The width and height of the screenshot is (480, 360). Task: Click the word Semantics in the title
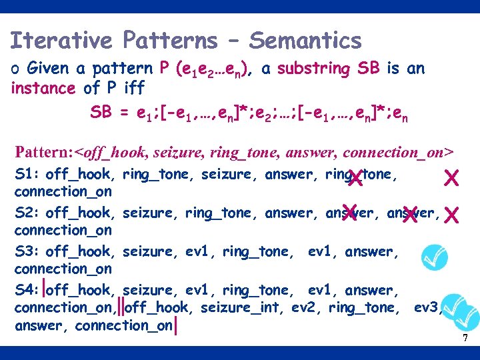click(x=305, y=41)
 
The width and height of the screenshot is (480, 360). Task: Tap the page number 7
click(x=465, y=339)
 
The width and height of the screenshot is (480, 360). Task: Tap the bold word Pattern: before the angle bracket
click(x=44, y=152)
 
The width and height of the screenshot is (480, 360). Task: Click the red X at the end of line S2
click(x=451, y=215)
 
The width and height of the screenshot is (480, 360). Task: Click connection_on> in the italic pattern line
click(x=406, y=152)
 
